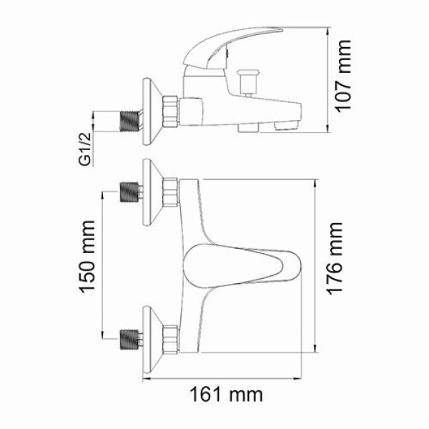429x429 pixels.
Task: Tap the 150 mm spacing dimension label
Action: (87, 261)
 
